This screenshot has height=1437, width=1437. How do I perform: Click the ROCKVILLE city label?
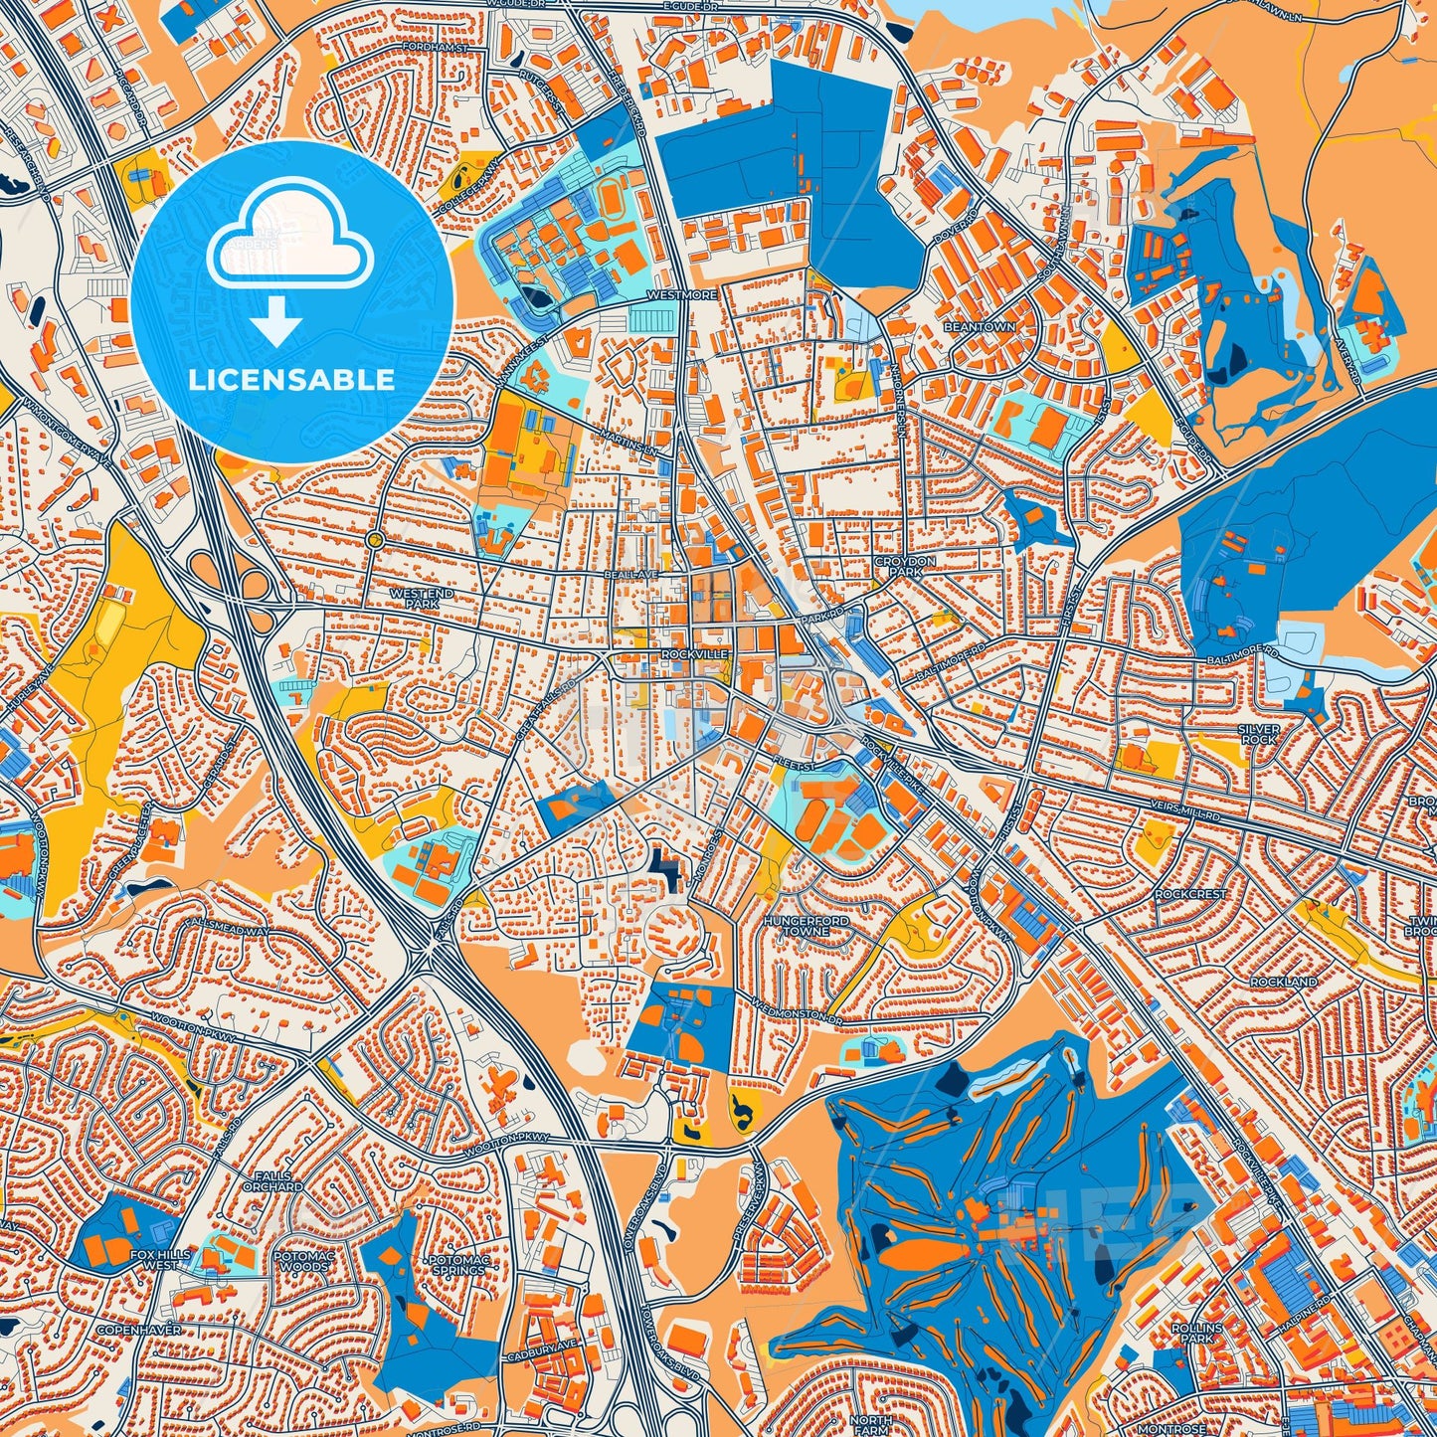pos(695,654)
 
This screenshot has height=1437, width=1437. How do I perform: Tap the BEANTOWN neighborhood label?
pos(980,327)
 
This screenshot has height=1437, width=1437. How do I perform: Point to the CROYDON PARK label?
pos(905,567)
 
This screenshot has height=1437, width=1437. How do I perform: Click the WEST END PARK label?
pos(422,598)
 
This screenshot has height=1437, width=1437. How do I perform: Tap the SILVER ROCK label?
pos(1259,734)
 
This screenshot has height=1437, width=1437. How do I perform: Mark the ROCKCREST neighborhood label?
pos(1190,894)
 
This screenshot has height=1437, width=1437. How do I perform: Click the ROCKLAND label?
pos(1284,982)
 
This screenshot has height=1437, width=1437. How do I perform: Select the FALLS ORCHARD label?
pos(272,1180)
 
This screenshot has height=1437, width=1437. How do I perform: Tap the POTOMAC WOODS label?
pos(304,1260)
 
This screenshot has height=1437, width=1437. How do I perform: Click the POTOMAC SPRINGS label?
pos(458,1265)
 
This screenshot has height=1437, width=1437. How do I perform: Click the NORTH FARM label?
pos(871,1422)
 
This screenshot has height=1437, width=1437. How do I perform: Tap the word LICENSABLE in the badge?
pos(292,380)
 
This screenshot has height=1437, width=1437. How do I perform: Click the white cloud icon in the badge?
pos(289,234)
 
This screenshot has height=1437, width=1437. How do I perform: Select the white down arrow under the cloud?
pos(276,320)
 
